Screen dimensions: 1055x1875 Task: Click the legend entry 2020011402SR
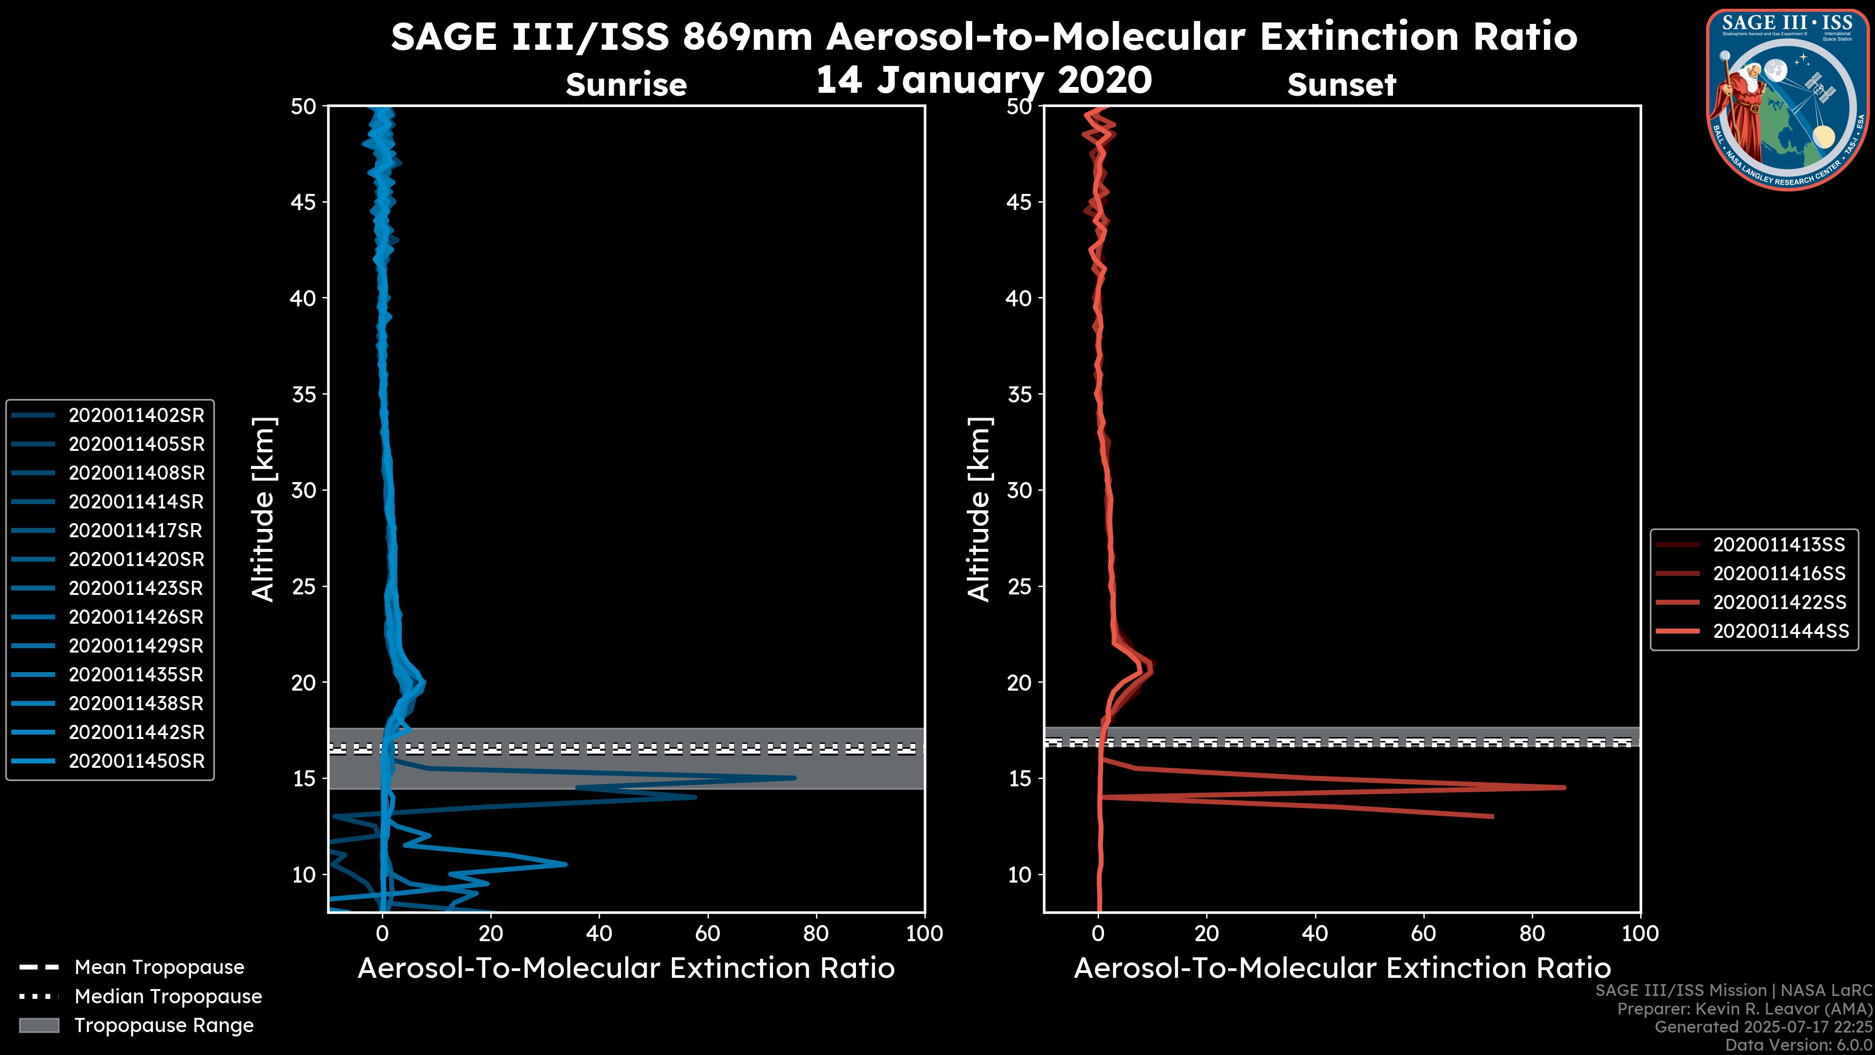(x=136, y=415)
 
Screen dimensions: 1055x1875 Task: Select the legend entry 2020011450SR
(x=136, y=761)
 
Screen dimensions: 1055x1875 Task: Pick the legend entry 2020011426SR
(x=136, y=617)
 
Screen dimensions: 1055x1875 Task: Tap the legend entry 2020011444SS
(x=1780, y=631)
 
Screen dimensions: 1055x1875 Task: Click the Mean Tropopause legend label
(x=159, y=967)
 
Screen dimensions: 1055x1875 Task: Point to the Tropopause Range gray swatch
(x=39, y=1025)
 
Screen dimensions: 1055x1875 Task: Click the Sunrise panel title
(x=626, y=84)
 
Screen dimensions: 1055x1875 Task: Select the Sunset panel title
(x=1341, y=84)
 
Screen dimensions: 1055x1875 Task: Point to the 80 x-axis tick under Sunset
(x=1532, y=933)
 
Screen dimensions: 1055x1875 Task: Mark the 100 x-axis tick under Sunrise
(x=924, y=933)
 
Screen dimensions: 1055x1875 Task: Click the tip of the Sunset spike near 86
(x=1563, y=787)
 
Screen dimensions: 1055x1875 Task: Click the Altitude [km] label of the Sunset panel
(x=979, y=509)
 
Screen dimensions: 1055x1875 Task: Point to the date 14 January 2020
(x=984, y=80)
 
